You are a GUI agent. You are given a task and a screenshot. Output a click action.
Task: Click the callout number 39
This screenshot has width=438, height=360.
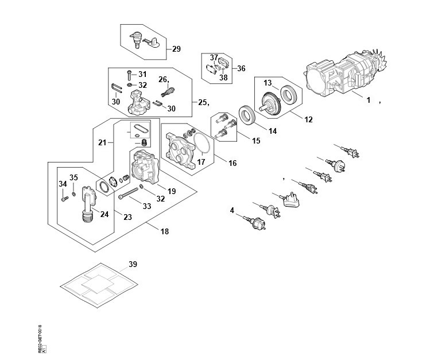pos(133,264)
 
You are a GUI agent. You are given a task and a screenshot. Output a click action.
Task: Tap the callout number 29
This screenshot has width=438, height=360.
pos(176,49)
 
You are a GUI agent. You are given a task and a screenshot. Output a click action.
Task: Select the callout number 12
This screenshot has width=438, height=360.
pos(308,120)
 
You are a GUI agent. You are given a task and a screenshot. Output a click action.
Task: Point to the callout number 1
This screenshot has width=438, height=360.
pos(369,99)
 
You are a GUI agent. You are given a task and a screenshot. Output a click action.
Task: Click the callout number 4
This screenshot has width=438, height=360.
pos(232,211)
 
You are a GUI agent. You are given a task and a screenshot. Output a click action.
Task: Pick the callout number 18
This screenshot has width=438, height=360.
pos(165,231)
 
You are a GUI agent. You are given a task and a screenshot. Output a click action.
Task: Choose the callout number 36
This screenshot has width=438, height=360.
pos(241,68)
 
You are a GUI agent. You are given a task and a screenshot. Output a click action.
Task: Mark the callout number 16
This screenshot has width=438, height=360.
pos(232,164)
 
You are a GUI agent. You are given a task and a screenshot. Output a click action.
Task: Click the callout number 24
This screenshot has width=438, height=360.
pos(104,214)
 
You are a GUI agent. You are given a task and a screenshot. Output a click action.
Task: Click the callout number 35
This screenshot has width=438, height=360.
pos(73,177)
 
